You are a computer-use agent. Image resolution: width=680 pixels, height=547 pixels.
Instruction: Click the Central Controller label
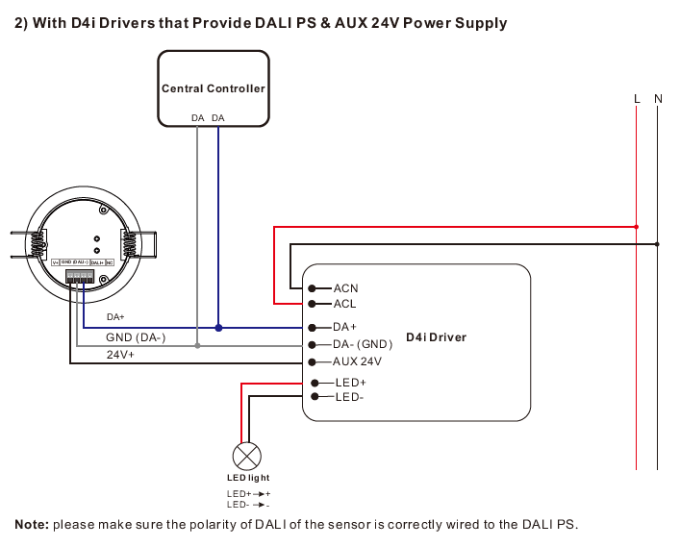click(213, 88)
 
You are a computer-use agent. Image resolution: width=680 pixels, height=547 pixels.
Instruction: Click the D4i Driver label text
click(436, 337)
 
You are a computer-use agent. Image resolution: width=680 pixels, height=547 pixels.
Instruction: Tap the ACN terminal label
click(345, 288)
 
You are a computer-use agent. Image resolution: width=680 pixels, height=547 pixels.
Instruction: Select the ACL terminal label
click(344, 304)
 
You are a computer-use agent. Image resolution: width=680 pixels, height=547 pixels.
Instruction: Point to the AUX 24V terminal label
click(357, 362)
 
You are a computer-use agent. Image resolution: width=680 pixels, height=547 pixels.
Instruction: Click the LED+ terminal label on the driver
click(350, 383)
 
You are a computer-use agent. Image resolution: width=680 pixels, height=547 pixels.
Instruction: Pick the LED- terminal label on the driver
click(349, 396)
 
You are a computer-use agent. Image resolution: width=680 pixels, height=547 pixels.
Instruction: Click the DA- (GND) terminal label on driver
click(363, 344)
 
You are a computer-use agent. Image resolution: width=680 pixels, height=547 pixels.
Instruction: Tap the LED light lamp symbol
click(248, 455)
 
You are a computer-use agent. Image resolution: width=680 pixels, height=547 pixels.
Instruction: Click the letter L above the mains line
click(637, 99)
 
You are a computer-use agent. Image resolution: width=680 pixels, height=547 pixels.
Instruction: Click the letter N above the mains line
click(658, 99)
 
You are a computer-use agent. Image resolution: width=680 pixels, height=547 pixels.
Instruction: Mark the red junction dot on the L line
click(637, 227)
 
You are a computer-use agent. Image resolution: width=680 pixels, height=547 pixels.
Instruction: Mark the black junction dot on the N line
click(658, 243)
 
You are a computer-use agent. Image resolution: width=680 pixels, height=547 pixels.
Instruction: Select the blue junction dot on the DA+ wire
click(218, 328)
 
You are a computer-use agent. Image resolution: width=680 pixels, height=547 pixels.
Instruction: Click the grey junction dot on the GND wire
click(197, 345)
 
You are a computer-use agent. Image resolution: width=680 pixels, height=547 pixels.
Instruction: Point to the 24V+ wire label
click(120, 355)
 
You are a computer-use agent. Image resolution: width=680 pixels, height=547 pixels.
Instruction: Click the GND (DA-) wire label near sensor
click(136, 337)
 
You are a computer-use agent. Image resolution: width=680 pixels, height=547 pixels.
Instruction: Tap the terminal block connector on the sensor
click(80, 276)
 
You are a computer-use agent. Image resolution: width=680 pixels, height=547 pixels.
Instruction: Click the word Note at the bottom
click(31, 525)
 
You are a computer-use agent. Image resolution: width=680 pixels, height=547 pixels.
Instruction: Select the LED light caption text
click(248, 478)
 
